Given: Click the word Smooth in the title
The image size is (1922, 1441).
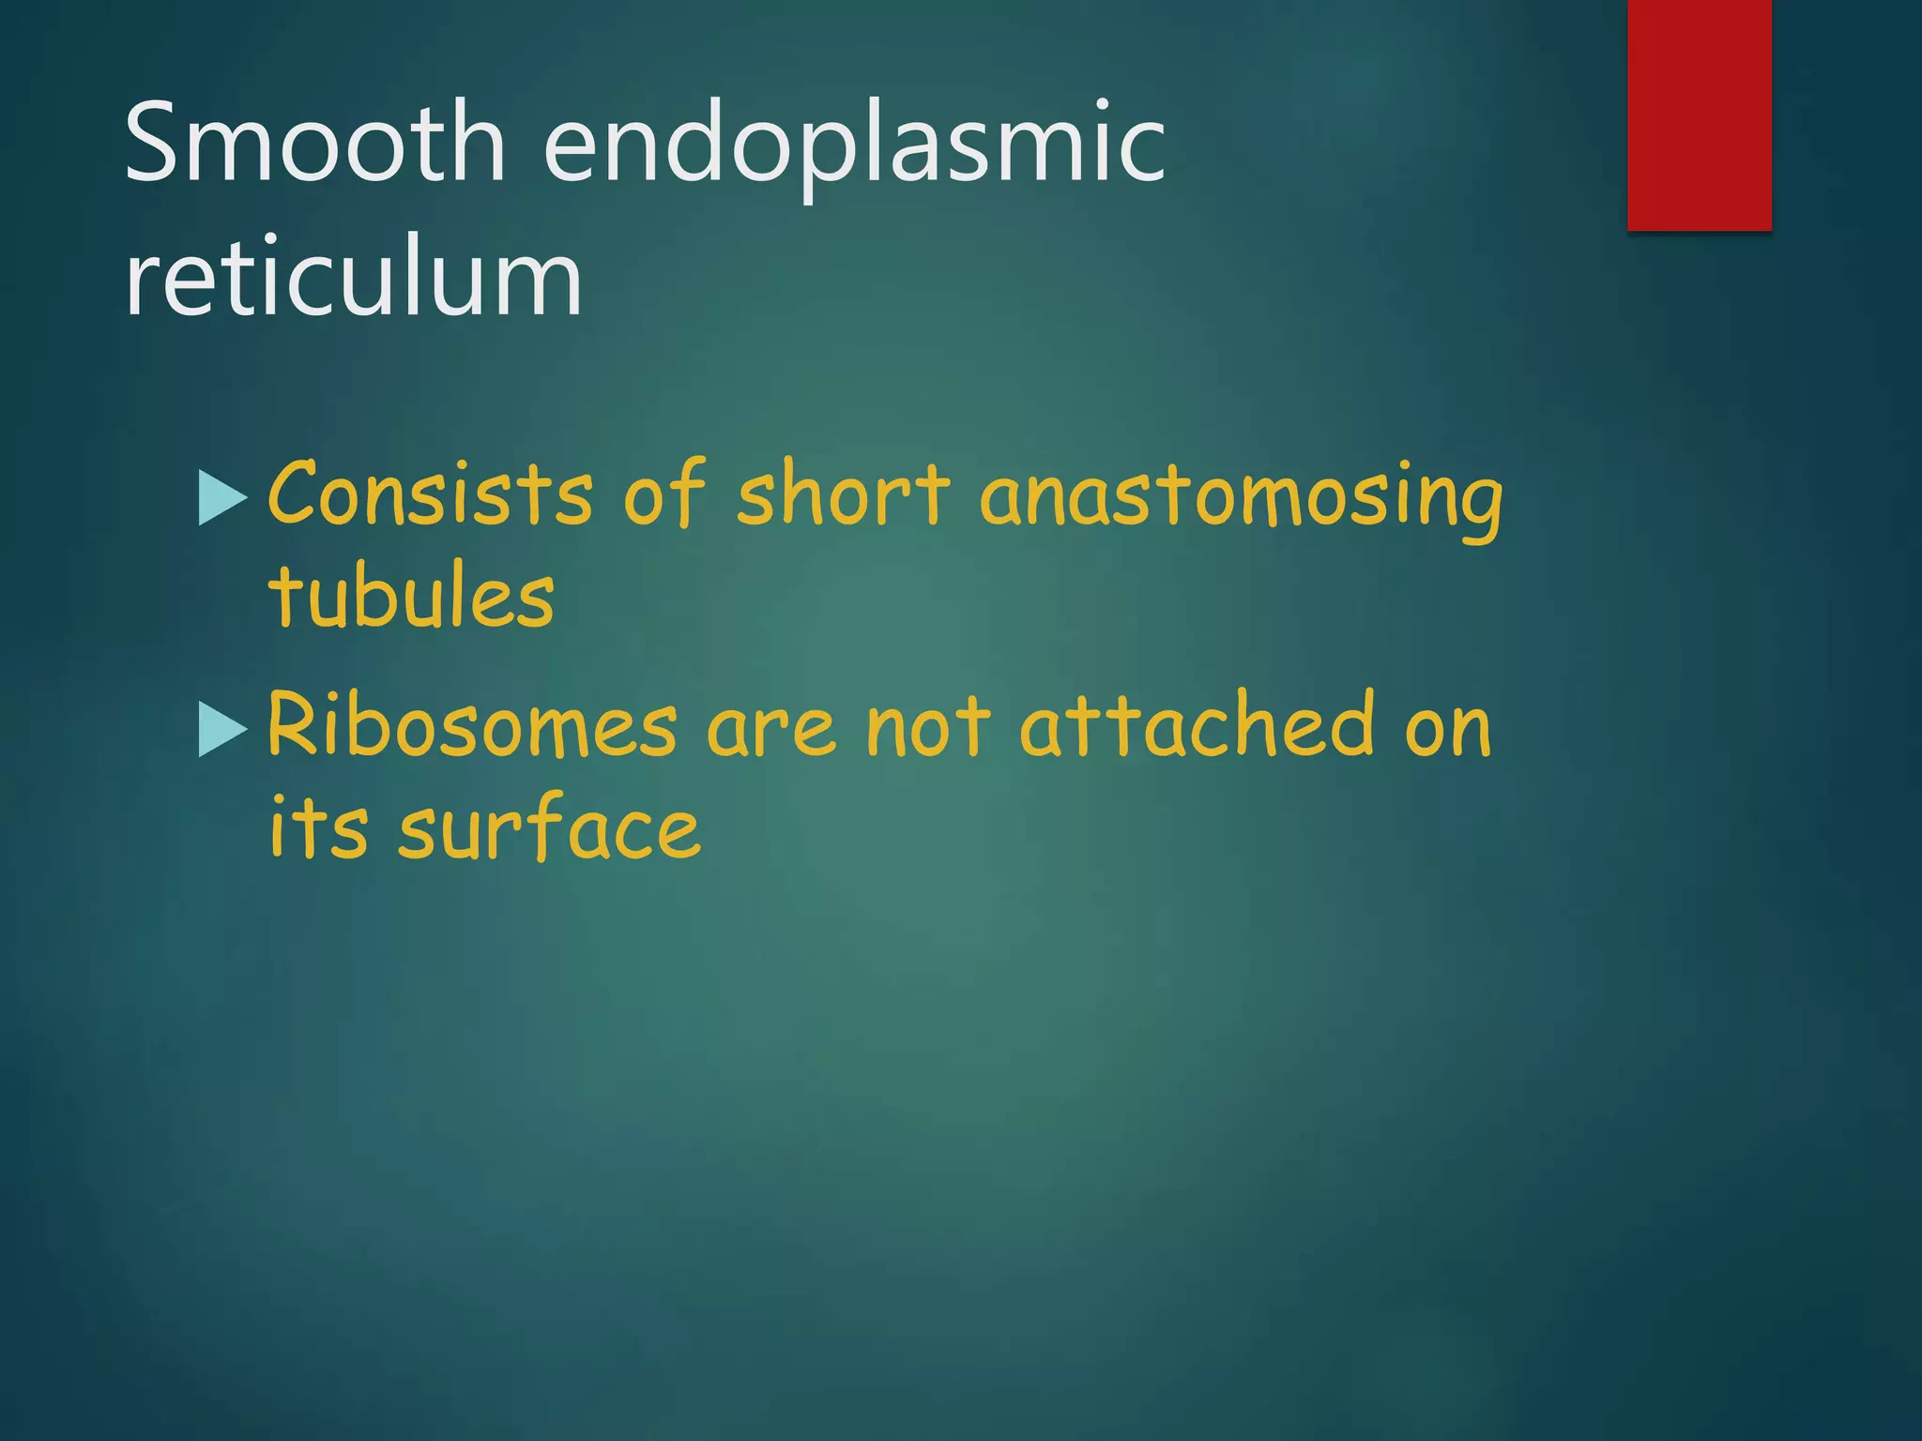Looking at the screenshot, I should click(315, 143).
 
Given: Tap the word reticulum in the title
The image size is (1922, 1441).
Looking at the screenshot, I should click(353, 278).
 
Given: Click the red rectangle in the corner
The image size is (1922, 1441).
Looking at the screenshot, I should click(1699, 114).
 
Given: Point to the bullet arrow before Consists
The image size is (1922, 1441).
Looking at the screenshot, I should click(222, 497).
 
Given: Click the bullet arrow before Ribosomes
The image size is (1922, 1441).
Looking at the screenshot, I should click(222, 730).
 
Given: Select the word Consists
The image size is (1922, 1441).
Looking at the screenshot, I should click(430, 493).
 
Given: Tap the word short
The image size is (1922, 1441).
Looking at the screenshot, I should click(843, 493).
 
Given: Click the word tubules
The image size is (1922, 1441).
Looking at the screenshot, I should click(411, 597).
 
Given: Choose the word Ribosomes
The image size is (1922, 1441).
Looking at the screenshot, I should click(472, 726).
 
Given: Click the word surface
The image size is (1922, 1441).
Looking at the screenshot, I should click(549, 827).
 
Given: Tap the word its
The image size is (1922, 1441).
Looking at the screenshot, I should click(317, 827).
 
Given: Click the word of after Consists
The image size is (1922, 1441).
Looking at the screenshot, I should click(664, 493).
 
